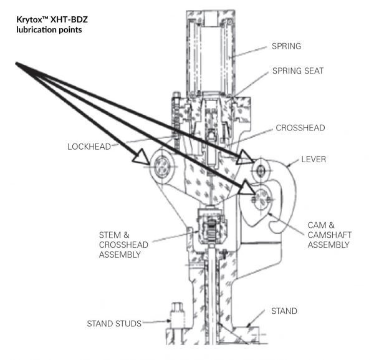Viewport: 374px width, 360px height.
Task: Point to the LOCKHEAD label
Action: pyautogui.click(x=89, y=147)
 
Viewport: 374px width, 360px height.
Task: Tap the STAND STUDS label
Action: pyautogui.click(x=113, y=323)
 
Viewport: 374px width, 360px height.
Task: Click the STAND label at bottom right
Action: pyautogui.click(x=284, y=311)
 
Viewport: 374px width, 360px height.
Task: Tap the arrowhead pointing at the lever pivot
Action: pyautogui.click(x=245, y=157)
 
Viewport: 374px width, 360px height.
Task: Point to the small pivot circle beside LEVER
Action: pyautogui.click(x=261, y=168)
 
